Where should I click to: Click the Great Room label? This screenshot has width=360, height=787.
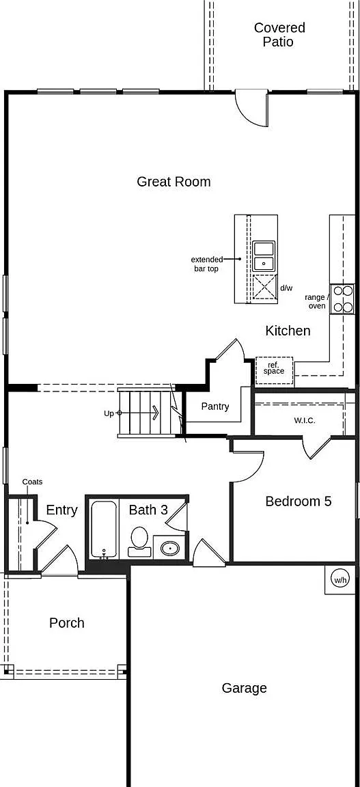(x=174, y=182)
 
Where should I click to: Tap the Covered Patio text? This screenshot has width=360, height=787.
(x=279, y=34)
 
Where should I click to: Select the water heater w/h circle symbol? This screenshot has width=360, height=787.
(x=340, y=580)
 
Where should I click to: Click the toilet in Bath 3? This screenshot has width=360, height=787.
(x=139, y=540)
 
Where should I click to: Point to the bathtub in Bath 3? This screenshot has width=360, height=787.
(x=105, y=529)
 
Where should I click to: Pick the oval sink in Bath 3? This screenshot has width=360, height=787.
(x=170, y=548)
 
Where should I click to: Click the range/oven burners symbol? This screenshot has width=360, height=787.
(x=342, y=299)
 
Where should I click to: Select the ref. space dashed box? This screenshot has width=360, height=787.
(x=274, y=371)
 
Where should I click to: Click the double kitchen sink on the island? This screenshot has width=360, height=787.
(x=264, y=256)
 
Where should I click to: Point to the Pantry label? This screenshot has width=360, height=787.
(x=215, y=406)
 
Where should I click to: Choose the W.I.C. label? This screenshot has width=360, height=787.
(x=305, y=421)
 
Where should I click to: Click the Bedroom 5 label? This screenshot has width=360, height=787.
(x=299, y=501)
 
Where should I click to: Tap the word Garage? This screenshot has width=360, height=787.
(x=244, y=688)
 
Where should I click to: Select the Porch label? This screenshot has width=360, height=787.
(x=67, y=623)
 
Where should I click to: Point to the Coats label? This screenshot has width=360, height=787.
(x=32, y=482)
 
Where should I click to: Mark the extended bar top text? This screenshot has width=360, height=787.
(x=206, y=264)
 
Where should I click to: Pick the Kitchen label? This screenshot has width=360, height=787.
(x=288, y=331)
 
